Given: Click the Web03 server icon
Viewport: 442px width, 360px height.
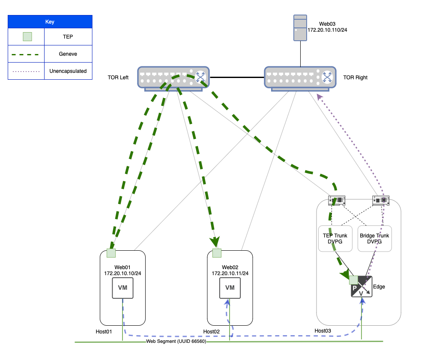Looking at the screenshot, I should click(x=300, y=28).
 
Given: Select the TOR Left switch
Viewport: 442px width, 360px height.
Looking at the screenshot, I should click(x=173, y=78).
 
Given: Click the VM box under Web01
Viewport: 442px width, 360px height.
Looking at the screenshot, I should click(x=123, y=288).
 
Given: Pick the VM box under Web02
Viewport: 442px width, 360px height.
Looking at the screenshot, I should click(x=230, y=288).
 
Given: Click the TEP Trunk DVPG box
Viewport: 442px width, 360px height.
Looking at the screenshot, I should click(x=335, y=238).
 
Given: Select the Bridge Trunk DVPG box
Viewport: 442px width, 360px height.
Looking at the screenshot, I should click(x=375, y=238).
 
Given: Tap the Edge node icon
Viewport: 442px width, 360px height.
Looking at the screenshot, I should click(x=361, y=287).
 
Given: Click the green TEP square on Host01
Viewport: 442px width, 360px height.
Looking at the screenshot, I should click(x=111, y=253).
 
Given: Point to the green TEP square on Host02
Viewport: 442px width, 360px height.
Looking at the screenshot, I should click(x=217, y=253).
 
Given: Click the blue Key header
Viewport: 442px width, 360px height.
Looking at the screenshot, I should click(x=50, y=22).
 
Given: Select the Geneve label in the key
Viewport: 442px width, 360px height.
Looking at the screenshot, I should click(x=68, y=54).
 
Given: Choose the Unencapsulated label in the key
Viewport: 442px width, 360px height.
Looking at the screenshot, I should click(x=68, y=71).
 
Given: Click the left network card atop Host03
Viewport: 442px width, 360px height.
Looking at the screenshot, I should click(x=337, y=200).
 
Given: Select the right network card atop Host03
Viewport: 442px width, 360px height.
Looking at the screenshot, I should click(x=381, y=200).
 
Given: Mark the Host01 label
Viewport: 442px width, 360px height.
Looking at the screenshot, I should click(x=104, y=331).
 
